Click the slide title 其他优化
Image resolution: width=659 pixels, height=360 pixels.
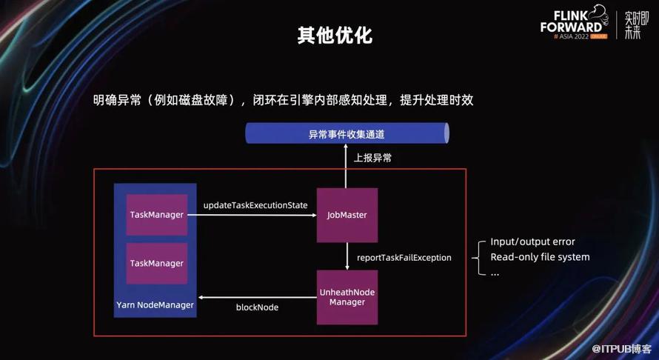click(x=329, y=34)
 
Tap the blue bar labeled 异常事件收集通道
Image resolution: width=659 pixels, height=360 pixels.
click(x=347, y=134)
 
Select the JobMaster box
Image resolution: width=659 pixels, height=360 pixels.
click(x=347, y=215)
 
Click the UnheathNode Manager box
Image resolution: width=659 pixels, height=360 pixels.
click(x=347, y=297)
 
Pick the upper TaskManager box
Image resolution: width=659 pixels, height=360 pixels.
click(x=156, y=215)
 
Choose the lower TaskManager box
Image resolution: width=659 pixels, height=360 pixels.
click(x=156, y=263)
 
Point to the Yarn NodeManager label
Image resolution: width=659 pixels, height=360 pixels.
click(x=155, y=305)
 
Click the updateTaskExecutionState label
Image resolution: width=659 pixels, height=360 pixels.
click(x=255, y=205)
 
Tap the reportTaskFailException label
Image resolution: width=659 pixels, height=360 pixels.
click(x=404, y=258)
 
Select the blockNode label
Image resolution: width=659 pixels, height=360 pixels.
click(x=257, y=307)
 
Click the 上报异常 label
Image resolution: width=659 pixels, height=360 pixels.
click(x=373, y=158)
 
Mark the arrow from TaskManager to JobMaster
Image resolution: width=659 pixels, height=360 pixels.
click(x=252, y=216)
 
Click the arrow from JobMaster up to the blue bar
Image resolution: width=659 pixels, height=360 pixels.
click(x=347, y=167)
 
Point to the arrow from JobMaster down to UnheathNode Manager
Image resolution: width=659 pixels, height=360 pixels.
click(x=347, y=256)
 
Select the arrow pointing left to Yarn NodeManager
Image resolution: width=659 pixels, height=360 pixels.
click(x=255, y=298)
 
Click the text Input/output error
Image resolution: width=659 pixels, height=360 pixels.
click(x=532, y=242)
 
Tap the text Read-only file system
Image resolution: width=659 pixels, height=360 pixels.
click(x=540, y=257)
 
